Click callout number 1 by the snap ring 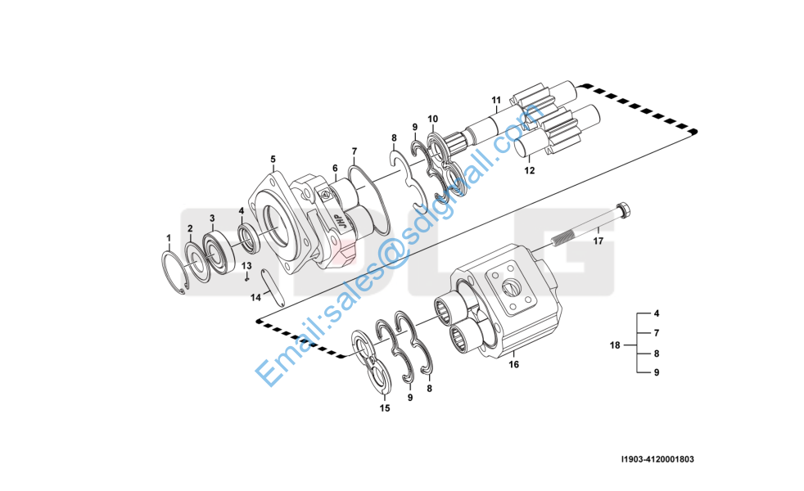[x=169, y=238]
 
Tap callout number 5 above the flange [x=273, y=159]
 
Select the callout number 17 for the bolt [x=598, y=241]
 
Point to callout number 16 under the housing [x=514, y=365]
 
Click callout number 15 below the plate [x=384, y=408]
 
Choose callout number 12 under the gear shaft [x=529, y=171]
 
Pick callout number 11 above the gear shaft [x=495, y=101]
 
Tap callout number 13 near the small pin [x=246, y=265]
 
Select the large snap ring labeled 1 [x=174, y=274]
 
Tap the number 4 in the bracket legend [x=656, y=313]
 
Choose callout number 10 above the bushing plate [x=432, y=119]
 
